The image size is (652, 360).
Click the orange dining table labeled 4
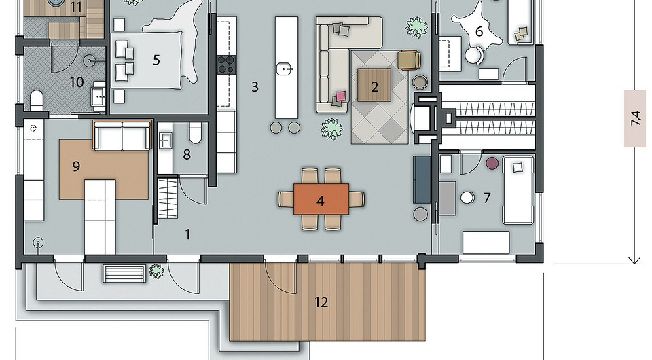pyautogui.click(x=321, y=199)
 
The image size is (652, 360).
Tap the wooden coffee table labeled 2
pyautogui.click(x=374, y=85)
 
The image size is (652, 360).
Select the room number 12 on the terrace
pyautogui.click(x=321, y=302)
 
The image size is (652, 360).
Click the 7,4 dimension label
pyautogui.click(x=635, y=118)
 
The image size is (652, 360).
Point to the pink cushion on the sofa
pyautogui.click(x=341, y=96)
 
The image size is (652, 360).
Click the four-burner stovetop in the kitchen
pyautogui.click(x=226, y=65)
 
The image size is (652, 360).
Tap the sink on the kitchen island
pyautogui.click(x=285, y=68)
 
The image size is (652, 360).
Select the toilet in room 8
pyautogui.click(x=196, y=133)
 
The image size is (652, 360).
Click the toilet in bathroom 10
pyautogui.click(x=37, y=101)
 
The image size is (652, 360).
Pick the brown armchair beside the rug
pyautogui.click(x=409, y=60)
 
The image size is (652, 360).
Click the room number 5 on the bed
pyautogui.click(x=156, y=60)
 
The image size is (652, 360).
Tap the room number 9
pyautogui.click(x=76, y=166)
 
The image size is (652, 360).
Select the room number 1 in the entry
pyautogui.click(x=187, y=234)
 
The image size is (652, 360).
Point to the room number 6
pyautogui.click(x=479, y=32)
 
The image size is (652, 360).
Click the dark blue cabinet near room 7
pyautogui.click(x=422, y=179)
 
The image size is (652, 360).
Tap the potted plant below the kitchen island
pyautogui.click(x=331, y=128)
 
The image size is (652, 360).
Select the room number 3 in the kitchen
pyautogui.click(x=255, y=87)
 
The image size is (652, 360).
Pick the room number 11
pyautogui.click(x=75, y=7)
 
